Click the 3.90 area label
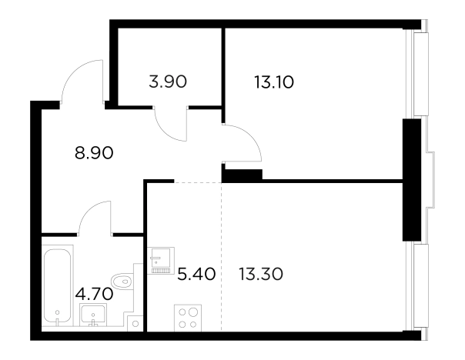(x=168, y=82)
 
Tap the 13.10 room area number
(x=274, y=82)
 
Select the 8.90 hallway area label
(x=94, y=153)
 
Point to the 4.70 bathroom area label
(x=94, y=294)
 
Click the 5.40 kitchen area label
(x=196, y=274)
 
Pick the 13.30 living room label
(x=261, y=274)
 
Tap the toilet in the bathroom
(x=122, y=282)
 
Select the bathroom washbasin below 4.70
(x=93, y=315)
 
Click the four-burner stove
(x=188, y=318)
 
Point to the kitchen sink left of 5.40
(x=160, y=261)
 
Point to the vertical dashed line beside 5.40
(x=222, y=257)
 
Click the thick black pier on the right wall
(x=412, y=180)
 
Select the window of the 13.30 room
(x=417, y=286)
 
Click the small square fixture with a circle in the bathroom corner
(x=135, y=324)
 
